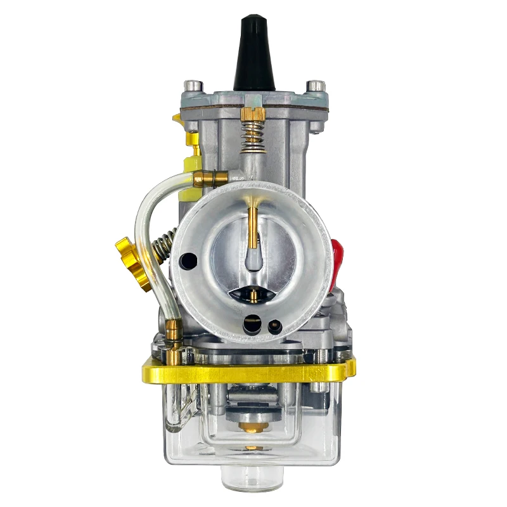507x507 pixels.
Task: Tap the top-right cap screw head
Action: tap(316, 86)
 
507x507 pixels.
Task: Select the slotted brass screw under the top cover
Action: tap(252, 114)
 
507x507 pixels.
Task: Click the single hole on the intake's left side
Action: tap(188, 259)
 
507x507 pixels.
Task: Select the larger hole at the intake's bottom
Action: tap(252, 324)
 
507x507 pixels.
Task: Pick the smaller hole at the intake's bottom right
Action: tap(274, 328)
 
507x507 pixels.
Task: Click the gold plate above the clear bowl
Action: tap(247, 371)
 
